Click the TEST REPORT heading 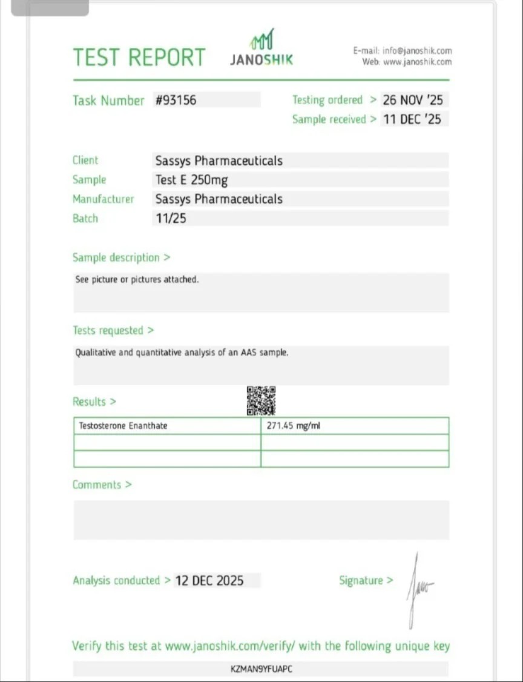click(x=139, y=58)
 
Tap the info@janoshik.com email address click(x=417, y=51)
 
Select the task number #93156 click(x=176, y=100)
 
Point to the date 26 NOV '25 click(x=412, y=100)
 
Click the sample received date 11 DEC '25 click(x=412, y=119)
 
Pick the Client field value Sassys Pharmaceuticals click(x=219, y=161)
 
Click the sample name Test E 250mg click(x=191, y=180)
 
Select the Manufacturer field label click(x=103, y=199)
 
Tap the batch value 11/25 click(x=171, y=219)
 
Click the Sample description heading click(x=121, y=257)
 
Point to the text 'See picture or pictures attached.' click(x=137, y=280)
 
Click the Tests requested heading click(x=113, y=330)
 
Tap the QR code click(x=261, y=400)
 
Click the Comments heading click(x=102, y=485)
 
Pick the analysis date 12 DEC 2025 click(x=209, y=580)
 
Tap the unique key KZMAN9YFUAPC click(x=261, y=669)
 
